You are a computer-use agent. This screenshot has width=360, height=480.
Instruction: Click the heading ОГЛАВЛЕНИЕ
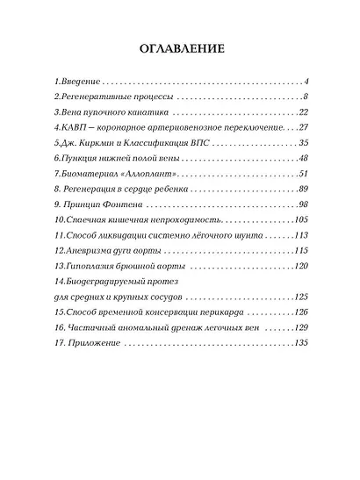(x=179, y=47)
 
